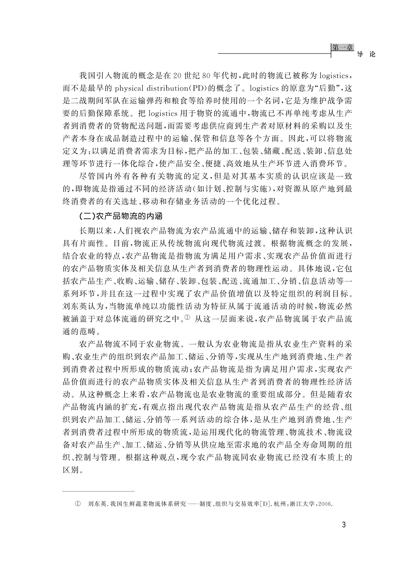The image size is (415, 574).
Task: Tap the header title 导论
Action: pos(366,54)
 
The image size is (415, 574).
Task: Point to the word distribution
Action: pos(167,88)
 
